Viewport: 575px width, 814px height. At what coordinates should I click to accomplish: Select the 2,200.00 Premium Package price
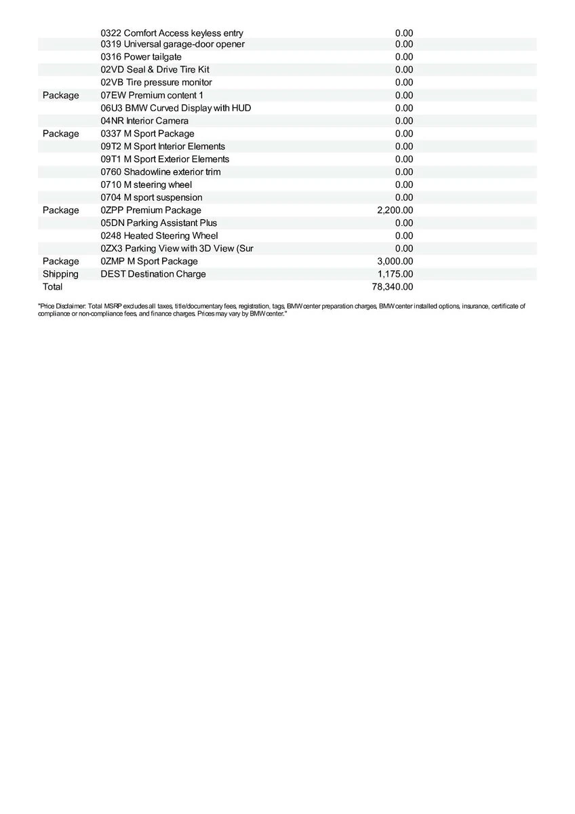coord(395,210)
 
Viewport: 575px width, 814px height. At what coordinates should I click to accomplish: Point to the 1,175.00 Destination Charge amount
coord(395,274)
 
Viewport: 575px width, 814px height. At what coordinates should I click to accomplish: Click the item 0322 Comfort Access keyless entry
coord(172,33)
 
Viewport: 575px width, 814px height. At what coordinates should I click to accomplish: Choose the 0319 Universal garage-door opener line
coord(172,44)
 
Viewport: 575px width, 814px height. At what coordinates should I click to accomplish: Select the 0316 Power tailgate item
coord(141,57)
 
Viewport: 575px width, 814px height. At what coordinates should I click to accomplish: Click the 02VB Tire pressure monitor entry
coord(156,83)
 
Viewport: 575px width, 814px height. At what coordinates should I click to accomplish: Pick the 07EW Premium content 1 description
coord(151,96)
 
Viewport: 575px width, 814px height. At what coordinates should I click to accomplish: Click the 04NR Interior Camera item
coord(144,121)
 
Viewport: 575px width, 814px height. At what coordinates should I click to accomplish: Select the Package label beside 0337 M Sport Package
coord(60,134)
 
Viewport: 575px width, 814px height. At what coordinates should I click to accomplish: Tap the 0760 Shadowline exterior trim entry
coord(160,172)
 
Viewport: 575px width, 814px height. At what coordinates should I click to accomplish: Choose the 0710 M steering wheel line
coord(146,185)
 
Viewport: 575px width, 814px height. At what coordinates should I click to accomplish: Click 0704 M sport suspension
coord(151,197)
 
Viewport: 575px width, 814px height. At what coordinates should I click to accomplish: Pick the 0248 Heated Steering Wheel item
coord(159,236)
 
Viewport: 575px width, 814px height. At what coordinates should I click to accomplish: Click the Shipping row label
coord(60,274)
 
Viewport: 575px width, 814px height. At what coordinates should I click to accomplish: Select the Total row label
coord(52,287)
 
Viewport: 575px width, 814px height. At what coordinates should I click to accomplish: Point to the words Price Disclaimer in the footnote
coord(62,307)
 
